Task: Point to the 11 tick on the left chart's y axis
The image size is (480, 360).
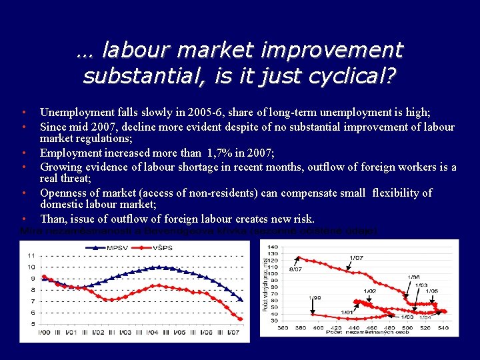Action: tap(31, 255)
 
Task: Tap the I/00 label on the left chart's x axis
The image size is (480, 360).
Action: tap(44, 333)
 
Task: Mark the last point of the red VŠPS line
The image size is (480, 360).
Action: tap(241, 318)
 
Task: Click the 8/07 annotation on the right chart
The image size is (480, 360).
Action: tap(295, 270)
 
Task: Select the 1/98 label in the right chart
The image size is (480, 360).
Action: tap(314, 298)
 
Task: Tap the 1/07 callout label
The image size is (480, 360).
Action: tap(355, 258)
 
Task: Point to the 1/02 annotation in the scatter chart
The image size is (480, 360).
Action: tap(369, 291)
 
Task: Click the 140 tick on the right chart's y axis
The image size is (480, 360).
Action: tap(273, 247)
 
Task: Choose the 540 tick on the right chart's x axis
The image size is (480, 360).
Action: tap(443, 327)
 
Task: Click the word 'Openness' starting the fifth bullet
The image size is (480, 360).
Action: tap(63, 193)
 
